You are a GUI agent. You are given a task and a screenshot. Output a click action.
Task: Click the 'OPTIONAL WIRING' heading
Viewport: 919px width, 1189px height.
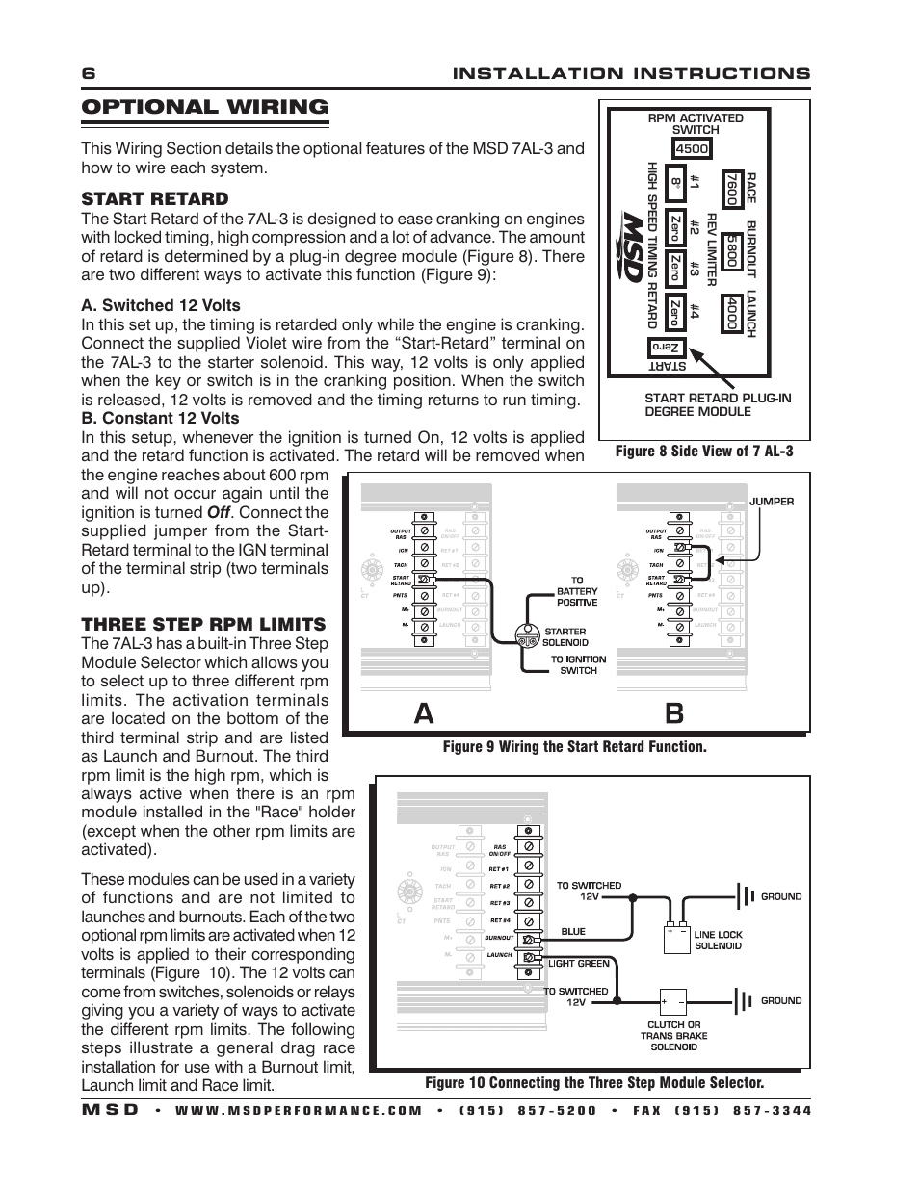(204, 107)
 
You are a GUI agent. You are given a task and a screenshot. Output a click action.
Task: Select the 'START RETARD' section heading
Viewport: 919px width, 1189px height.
(154, 199)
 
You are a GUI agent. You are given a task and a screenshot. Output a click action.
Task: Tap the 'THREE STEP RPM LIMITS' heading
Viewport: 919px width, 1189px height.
(203, 624)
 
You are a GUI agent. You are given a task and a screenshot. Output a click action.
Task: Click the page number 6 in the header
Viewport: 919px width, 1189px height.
(88, 74)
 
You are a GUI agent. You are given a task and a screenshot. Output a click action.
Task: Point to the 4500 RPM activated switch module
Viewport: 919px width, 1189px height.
(692, 148)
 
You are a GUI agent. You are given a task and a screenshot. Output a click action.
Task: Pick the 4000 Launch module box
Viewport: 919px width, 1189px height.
(732, 313)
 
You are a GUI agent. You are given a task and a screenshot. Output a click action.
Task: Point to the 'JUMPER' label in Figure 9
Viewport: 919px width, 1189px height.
(772, 502)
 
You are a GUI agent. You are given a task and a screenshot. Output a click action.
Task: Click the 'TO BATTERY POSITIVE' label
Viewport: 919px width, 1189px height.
(577, 591)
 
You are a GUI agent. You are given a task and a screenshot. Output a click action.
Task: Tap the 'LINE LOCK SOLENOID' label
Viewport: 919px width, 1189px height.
(718, 940)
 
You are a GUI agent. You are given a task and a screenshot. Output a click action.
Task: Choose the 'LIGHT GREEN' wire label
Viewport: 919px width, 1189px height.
(579, 963)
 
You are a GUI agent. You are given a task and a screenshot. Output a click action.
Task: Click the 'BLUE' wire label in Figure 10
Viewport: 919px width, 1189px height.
(573, 931)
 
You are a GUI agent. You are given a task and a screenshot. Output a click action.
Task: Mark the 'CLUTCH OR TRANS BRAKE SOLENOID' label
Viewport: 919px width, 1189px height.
(673, 1036)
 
